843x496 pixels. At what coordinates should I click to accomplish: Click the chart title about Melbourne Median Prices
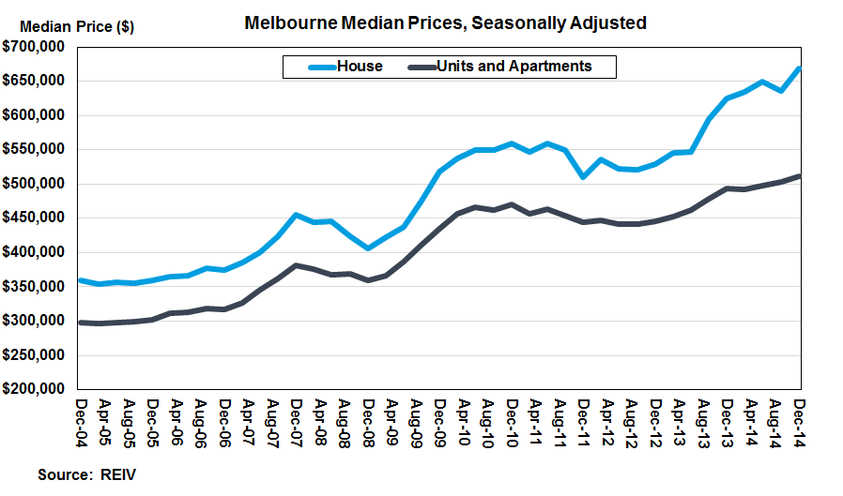[445, 23]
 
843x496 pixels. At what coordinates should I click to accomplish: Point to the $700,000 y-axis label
[34, 47]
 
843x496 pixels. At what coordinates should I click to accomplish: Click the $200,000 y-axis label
[34, 389]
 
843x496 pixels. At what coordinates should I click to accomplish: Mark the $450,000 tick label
[34, 218]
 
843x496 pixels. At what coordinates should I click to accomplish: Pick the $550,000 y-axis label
[34, 149]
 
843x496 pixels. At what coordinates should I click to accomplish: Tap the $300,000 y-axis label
[34, 321]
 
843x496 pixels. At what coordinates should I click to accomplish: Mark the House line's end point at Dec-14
[800, 68]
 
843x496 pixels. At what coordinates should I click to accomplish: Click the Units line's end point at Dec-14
[800, 176]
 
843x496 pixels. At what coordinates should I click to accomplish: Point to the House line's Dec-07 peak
[296, 215]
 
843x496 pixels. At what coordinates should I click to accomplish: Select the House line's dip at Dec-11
[584, 176]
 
